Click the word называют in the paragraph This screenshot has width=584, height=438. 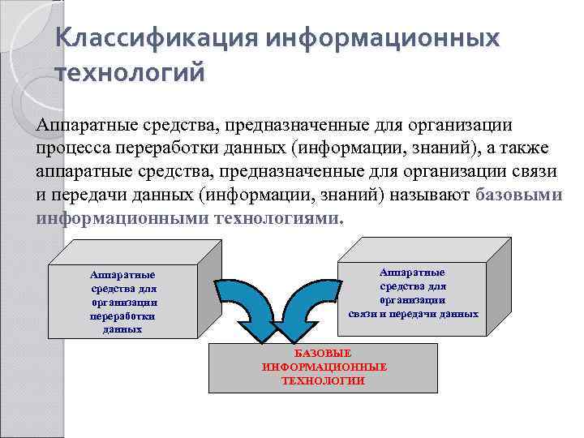click(430, 195)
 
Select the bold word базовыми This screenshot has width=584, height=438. click(519, 195)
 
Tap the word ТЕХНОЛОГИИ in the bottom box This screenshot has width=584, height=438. click(324, 380)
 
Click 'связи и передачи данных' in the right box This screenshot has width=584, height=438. click(414, 313)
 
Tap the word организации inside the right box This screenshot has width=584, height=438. click(414, 299)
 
